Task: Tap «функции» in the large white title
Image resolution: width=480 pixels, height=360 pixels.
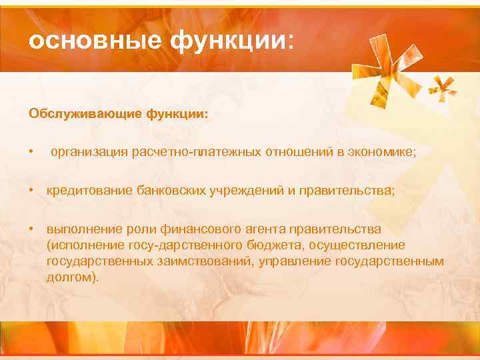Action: pos(223,42)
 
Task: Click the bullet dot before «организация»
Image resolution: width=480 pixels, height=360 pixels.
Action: pos(31,153)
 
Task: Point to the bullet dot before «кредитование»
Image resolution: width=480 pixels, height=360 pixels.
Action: pos(31,191)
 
